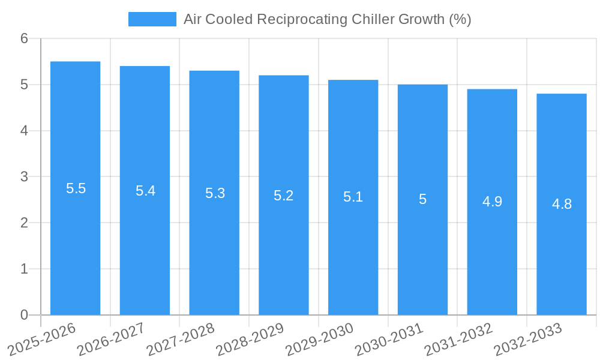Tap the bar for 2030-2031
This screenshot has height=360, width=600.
[x=422, y=252]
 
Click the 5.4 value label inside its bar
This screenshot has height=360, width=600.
[x=145, y=191]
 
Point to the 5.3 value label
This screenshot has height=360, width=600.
[x=215, y=193]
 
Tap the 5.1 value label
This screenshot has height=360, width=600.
[x=353, y=197]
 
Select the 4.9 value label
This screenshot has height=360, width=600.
[x=492, y=202]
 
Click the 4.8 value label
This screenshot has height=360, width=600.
[x=562, y=204]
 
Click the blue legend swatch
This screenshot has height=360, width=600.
[x=152, y=19]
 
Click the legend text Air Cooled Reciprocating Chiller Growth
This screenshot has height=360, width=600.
[x=327, y=19]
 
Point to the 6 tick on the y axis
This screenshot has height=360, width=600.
[x=24, y=39]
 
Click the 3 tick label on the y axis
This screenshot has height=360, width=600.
[x=24, y=177]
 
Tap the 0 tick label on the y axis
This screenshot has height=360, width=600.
[x=24, y=315]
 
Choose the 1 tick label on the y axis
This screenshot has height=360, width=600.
[x=24, y=269]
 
